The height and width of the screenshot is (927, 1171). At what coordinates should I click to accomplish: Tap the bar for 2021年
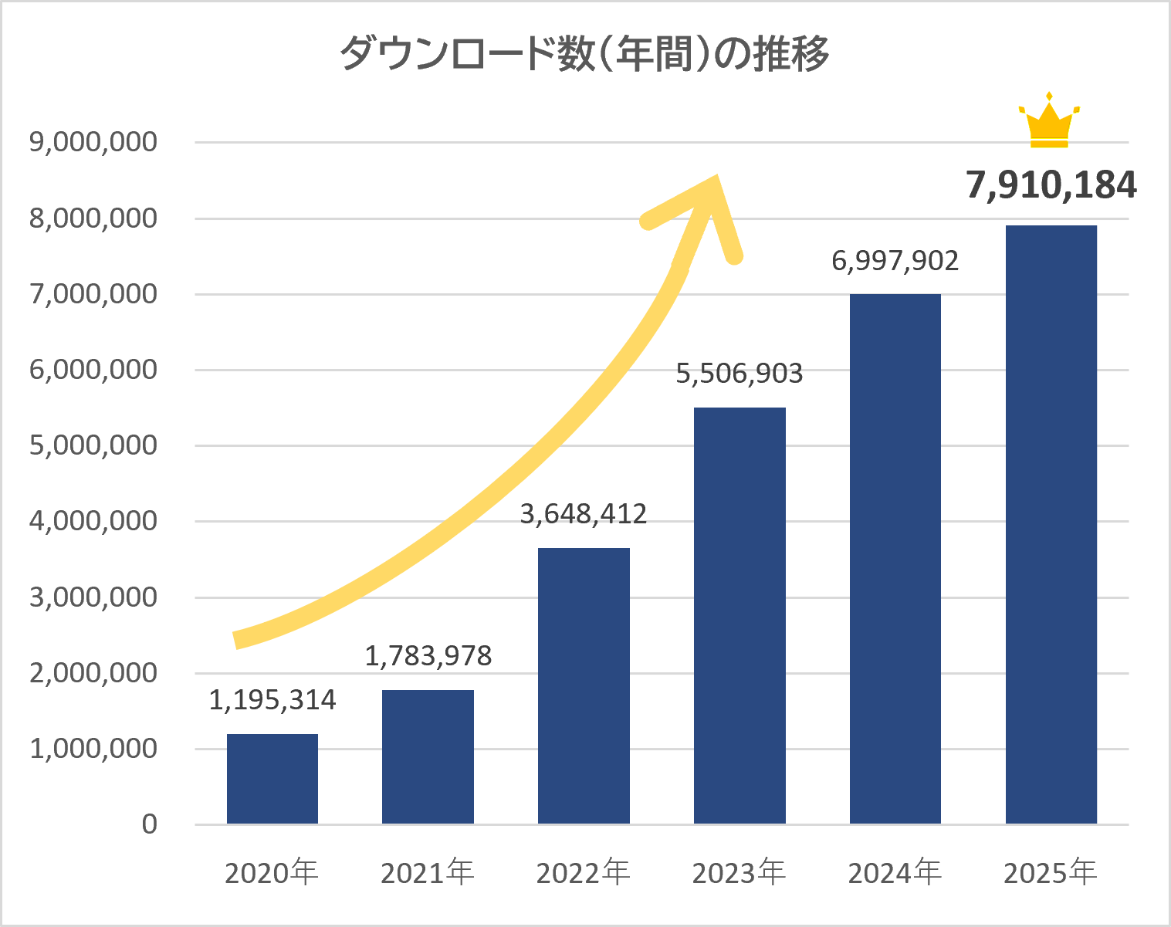[428, 756]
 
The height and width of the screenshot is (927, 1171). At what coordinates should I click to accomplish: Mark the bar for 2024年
[895, 559]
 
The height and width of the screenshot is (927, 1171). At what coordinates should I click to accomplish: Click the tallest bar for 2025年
[1051, 525]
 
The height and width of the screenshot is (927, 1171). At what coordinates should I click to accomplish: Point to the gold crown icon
[1049, 122]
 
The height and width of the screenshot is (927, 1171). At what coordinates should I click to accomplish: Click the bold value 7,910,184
[1051, 186]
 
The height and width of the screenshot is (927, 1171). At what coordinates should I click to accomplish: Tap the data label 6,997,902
[895, 261]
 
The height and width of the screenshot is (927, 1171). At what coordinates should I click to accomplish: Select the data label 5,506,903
[739, 374]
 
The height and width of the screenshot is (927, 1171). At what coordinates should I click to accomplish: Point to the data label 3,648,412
[584, 514]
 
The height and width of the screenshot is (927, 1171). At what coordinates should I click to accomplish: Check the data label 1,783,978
[428, 656]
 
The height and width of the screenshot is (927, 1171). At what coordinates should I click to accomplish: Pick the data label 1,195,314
[272, 700]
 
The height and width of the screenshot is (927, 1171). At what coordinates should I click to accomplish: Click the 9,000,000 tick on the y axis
[93, 142]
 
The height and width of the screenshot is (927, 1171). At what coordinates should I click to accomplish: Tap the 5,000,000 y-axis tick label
[93, 445]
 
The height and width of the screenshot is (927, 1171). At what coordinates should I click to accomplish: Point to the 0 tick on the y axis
[149, 824]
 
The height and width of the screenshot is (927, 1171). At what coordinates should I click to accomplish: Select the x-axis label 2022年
[584, 873]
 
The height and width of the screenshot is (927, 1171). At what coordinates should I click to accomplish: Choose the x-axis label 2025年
[1051, 873]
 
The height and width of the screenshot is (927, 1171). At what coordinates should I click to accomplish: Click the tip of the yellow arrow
[716, 179]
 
